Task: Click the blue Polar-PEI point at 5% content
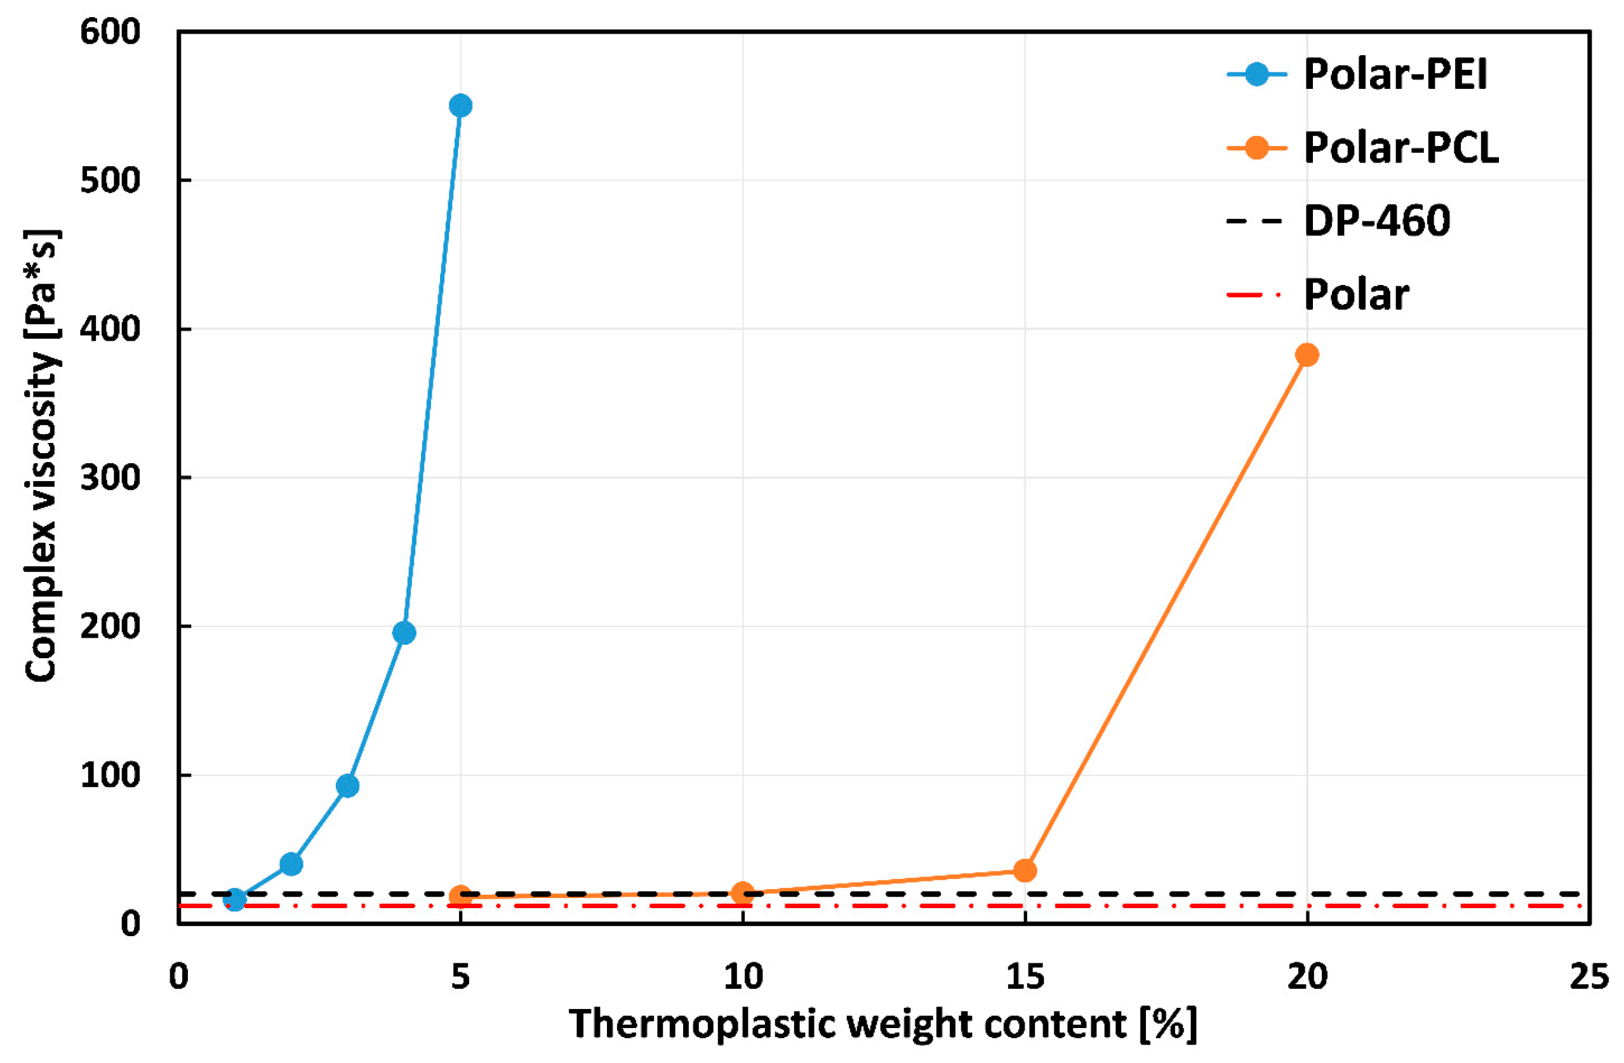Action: pos(460,106)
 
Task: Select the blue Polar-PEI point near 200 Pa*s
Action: pos(404,633)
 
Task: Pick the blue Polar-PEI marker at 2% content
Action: pos(291,864)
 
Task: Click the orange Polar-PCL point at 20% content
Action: pos(1306,355)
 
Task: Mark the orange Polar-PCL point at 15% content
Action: pos(1025,871)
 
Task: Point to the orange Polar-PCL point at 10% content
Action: pos(742,893)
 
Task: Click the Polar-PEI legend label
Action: pos(1395,74)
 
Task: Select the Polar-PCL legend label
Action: pos(1401,147)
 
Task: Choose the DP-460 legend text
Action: pos(1376,221)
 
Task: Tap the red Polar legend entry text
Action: pos(1356,294)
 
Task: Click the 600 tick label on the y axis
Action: pos(110,32)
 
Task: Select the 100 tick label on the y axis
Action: pos(110,776)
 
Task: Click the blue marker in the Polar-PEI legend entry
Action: pos(1256,74)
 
